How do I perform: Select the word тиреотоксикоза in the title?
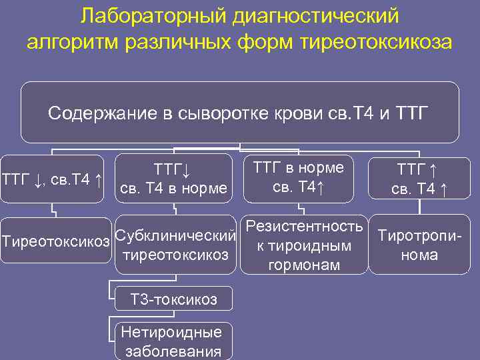[377, 41]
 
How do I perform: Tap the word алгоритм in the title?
[69, 41]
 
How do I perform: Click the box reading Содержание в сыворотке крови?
[239, 113]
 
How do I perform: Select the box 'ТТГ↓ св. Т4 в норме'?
[173, 179]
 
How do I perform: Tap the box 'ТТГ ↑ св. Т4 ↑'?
[419, 179]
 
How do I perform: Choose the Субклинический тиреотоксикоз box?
[176, 245]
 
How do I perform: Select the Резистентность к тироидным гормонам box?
[303, 245]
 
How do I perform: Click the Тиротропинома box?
[420, 245]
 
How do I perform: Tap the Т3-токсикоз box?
[173, 300]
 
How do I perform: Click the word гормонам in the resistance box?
[303, 265]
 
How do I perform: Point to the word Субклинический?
[176, 235]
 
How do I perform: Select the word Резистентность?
[303, 226]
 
